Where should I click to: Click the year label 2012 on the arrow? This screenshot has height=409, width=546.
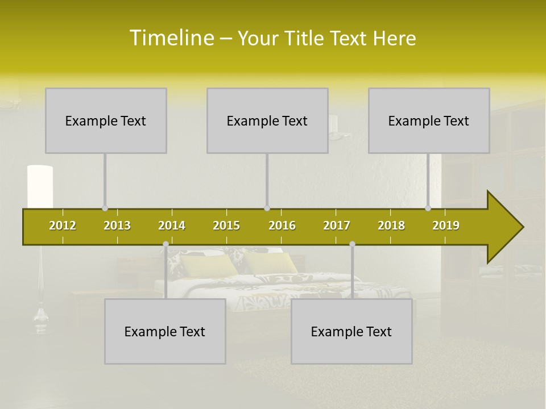(x=63, y=226)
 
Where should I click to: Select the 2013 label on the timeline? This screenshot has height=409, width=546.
(x=117, y=226)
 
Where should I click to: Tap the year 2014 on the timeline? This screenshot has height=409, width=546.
(x=172, y=226)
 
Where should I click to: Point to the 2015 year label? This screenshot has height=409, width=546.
(x=226, y=226)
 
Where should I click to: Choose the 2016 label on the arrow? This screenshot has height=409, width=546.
(x=282, y=226)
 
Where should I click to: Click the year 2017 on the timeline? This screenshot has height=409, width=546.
(x=337, y=226)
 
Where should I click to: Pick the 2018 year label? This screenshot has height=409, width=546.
(x=391, y=226)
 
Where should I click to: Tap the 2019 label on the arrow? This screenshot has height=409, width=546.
(x=446, y=226)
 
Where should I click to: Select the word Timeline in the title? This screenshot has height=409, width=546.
(x=171, y=38)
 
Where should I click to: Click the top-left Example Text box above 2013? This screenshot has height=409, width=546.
(x=106, y=120)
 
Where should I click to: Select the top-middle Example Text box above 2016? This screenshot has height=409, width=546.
(x=267, y=120)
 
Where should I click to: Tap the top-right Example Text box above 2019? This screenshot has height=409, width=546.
(x=429, y=120)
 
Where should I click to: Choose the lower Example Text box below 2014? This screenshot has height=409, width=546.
(x=165, y=331)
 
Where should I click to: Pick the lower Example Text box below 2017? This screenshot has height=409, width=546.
(x=351, y=331)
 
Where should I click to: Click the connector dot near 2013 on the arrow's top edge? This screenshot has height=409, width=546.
(x=105, y=208)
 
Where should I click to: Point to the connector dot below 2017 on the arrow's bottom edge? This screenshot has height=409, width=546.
(x=352, y=244)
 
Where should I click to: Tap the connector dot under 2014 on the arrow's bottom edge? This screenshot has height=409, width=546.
(x=166, y=244)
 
